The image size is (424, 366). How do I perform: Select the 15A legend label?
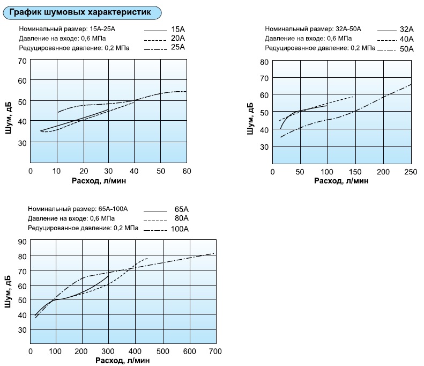[x=177, y=28]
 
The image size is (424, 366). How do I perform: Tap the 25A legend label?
[x=177, y=47]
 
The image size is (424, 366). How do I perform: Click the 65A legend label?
[x=182, y=209]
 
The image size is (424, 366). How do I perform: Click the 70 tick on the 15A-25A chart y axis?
[x=22, y=61]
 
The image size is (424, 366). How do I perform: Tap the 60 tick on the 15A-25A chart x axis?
[x=187, y=171]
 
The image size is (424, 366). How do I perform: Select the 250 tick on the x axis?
[x=410, y=172]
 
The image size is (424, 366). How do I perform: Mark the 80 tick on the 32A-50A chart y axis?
[x=264, y=62]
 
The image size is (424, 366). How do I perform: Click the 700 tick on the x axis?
[x=214, y=351]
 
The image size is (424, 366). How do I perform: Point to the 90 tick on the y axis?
[x=22, y=242]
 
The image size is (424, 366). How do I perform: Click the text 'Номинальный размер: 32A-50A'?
[x=313, y=29]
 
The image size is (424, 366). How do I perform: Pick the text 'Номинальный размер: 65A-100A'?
[x=77, y=209]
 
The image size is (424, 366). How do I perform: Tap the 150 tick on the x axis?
[x=354, y=172]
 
